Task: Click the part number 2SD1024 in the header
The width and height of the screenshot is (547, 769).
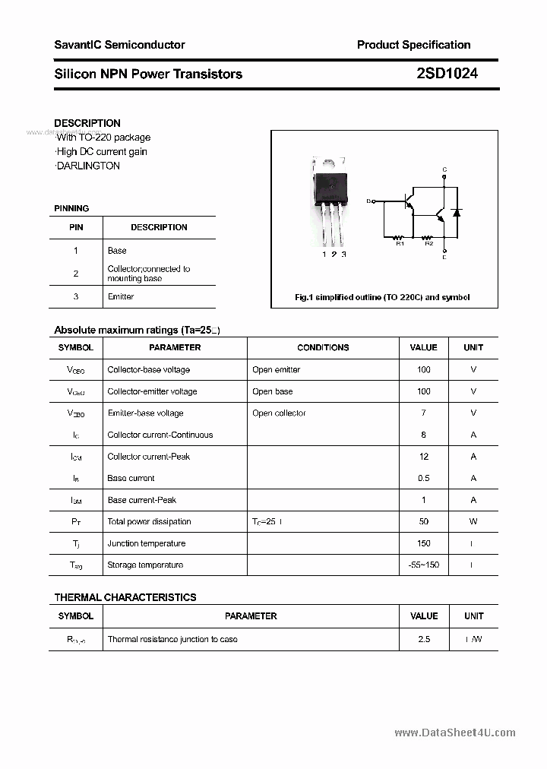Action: pos(447,74)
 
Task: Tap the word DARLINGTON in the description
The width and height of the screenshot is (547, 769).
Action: pos(88,166)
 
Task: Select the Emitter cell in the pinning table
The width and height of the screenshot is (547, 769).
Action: pos(121,296)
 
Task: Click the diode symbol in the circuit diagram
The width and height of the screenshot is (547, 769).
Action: pos(456,212)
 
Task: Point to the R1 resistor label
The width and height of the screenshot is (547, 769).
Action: pos(400,243)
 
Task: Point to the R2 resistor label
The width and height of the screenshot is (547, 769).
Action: pos(428,243)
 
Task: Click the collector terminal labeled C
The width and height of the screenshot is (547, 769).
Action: pos(444,169)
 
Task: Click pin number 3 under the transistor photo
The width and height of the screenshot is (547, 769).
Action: pos(344,255)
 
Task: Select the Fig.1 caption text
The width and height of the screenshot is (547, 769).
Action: pos(382,297)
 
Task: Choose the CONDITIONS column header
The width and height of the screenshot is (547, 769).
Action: pos(323,347)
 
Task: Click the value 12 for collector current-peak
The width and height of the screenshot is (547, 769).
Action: pos(423,457)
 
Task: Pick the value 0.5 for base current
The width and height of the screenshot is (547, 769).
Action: pos(423,478)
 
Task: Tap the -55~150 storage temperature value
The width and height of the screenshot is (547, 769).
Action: pos(423,565)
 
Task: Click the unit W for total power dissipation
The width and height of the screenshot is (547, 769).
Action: pos(473,521)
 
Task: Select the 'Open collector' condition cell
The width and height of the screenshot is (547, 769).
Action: pos(279,413)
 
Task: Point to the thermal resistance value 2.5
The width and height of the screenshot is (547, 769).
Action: pos(423,639)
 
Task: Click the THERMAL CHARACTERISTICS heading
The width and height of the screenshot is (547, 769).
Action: pos(125,597)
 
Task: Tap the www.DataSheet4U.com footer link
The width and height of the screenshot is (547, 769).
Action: pos(455,733)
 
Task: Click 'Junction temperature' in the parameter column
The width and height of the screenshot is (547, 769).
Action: pos(145,543)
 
